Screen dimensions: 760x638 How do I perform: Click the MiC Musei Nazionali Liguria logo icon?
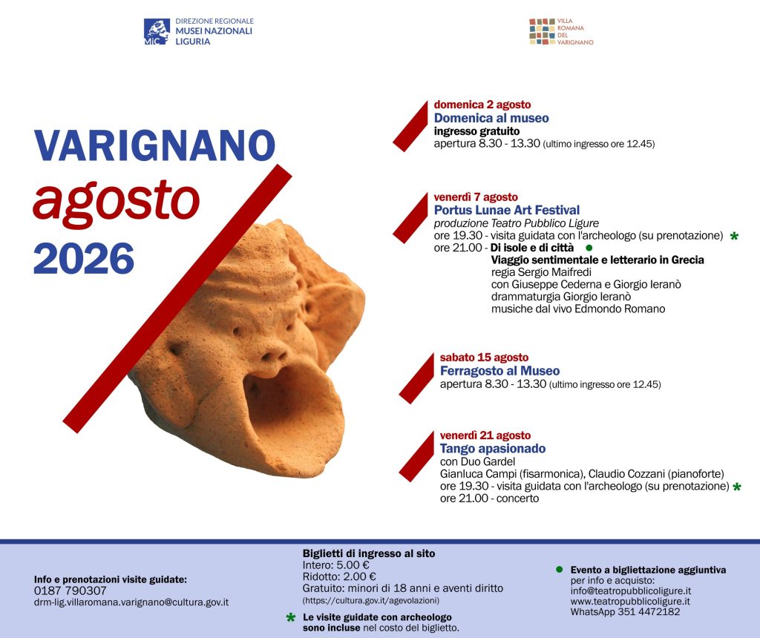(157, 31)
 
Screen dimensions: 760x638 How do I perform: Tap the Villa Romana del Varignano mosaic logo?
(542, 31)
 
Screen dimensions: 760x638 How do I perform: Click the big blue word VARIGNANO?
(154, 145)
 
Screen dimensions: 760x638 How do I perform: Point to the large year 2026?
(84, 259)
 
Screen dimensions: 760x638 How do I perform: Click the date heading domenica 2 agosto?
(482, 105)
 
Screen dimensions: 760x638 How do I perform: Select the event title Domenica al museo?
(491, 118)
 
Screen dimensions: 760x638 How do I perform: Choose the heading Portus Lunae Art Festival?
(506, 210)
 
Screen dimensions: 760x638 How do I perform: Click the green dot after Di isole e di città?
(589, 248)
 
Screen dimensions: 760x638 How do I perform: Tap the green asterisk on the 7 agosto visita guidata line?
(734, 237)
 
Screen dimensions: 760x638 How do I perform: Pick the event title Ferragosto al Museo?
(499, 371)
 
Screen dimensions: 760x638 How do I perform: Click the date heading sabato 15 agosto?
(484, 358)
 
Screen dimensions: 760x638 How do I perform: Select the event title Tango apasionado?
(493, 449)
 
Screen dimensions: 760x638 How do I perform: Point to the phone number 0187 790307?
(71, 591)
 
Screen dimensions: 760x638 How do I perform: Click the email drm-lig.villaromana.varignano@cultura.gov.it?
(131, 602)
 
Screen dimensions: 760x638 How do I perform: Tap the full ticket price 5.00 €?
(353, 565)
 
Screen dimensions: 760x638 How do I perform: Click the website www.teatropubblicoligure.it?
(630, 601)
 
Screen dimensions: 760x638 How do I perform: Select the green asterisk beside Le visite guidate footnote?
(291, 618)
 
